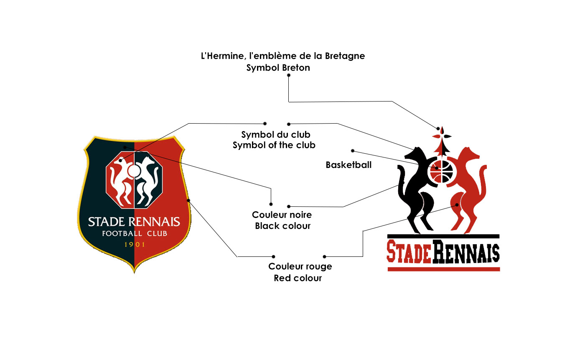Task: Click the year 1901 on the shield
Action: pos(135,244)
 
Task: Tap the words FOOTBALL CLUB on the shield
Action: pos(135,233)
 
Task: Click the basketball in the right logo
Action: pos(442,172)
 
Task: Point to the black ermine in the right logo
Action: pos(416,188)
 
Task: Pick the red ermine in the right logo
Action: pos(466,188)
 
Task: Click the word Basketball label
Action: pos(348,165)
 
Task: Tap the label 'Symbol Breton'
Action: pos(278,68)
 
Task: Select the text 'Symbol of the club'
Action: pos(274,145)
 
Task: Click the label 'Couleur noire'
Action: pos(282,215)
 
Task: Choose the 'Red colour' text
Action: pos(298,278)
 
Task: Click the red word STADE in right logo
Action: pos(409,251)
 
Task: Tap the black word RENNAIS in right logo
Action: pos(466,251)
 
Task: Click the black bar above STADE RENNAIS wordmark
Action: pos(443,236)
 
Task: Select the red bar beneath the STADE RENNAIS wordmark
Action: pos(443,269)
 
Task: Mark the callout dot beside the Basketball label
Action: pos(353,151)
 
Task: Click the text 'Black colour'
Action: pos(283,226)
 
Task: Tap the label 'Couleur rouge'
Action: pos(300,266)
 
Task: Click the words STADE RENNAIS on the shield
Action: pos(134,221)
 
